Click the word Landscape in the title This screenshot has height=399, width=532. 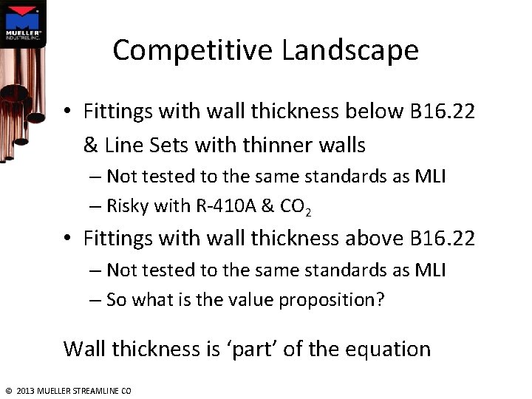[x=350, y=50]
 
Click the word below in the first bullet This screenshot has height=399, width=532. [x=374, y=112]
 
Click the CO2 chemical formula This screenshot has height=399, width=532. [x=296, y=208]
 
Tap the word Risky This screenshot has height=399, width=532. [x=127, y=206]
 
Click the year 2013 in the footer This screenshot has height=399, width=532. [x=24, y=390]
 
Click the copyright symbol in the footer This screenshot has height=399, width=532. [x=8, y=390]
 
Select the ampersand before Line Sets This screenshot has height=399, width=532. [x=91, y=146]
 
